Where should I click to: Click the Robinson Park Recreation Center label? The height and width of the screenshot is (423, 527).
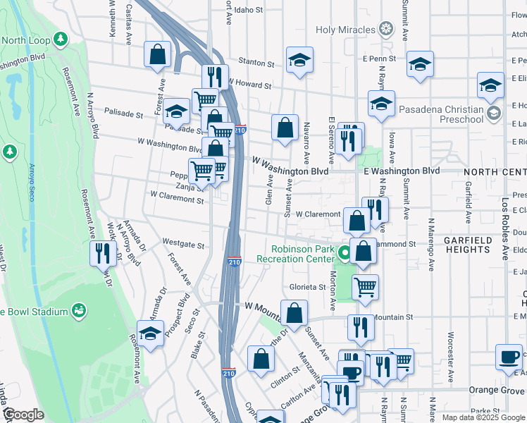pos(304,254)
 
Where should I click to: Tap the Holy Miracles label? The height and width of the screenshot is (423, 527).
pos(345,30)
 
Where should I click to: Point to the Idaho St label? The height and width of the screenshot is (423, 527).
pos(249,11)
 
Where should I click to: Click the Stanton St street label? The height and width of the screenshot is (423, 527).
pos(256,63)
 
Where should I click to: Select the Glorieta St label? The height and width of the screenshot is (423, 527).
pos(307,287)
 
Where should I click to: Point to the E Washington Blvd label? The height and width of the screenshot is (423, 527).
pos(402,171)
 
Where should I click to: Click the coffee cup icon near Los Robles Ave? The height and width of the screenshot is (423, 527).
pos(509,357)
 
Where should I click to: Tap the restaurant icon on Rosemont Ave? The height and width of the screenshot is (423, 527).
pos(104,253)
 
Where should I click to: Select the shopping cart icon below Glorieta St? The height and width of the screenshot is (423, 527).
pos(365,287)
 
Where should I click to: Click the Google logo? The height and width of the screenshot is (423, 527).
pos(23,415)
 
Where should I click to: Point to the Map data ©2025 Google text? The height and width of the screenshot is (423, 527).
pos(483,417)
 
